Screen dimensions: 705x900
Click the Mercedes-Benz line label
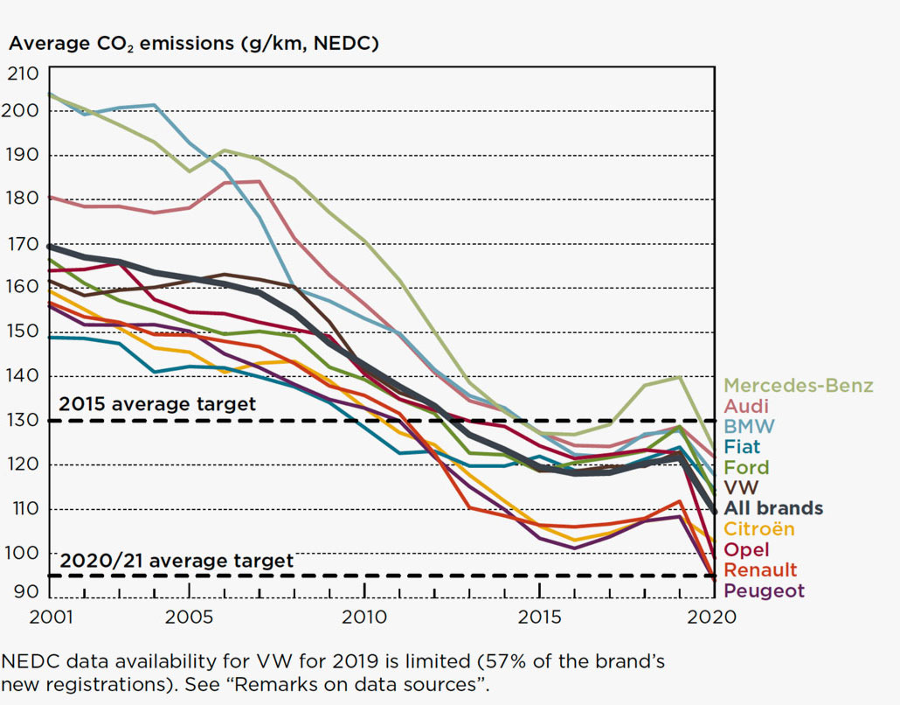pyautogui.click(x=798, y=386)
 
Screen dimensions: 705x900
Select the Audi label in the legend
pyautogui.click(x=746, y=406)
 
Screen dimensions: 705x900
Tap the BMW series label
pyautogui.click(x=749, y=426)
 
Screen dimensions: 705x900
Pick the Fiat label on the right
pyautogui.click(x=742, y=446)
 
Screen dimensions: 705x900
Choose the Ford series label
pyautogui.click(x=745, y=467)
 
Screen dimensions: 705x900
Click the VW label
pyautogui.click(x=741, y=487)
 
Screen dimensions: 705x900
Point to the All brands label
pyautogui.click(x=773, y=508)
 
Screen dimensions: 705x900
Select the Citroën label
pyautogui.click(x=759, y=529)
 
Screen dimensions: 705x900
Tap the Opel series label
pyautogui.click(x=747, y=550)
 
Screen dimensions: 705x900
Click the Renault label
pyautogui.click(x=760, y=570)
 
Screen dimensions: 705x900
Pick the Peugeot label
pyautogui.click(x=764, y=591)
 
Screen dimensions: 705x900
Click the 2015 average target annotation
pyautogui.click(x=157, y=404)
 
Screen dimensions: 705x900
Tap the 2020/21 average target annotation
pyautogui.click(x=177, y=560)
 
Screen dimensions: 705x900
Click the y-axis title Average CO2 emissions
pyautogui.click(x=193, y=43)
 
